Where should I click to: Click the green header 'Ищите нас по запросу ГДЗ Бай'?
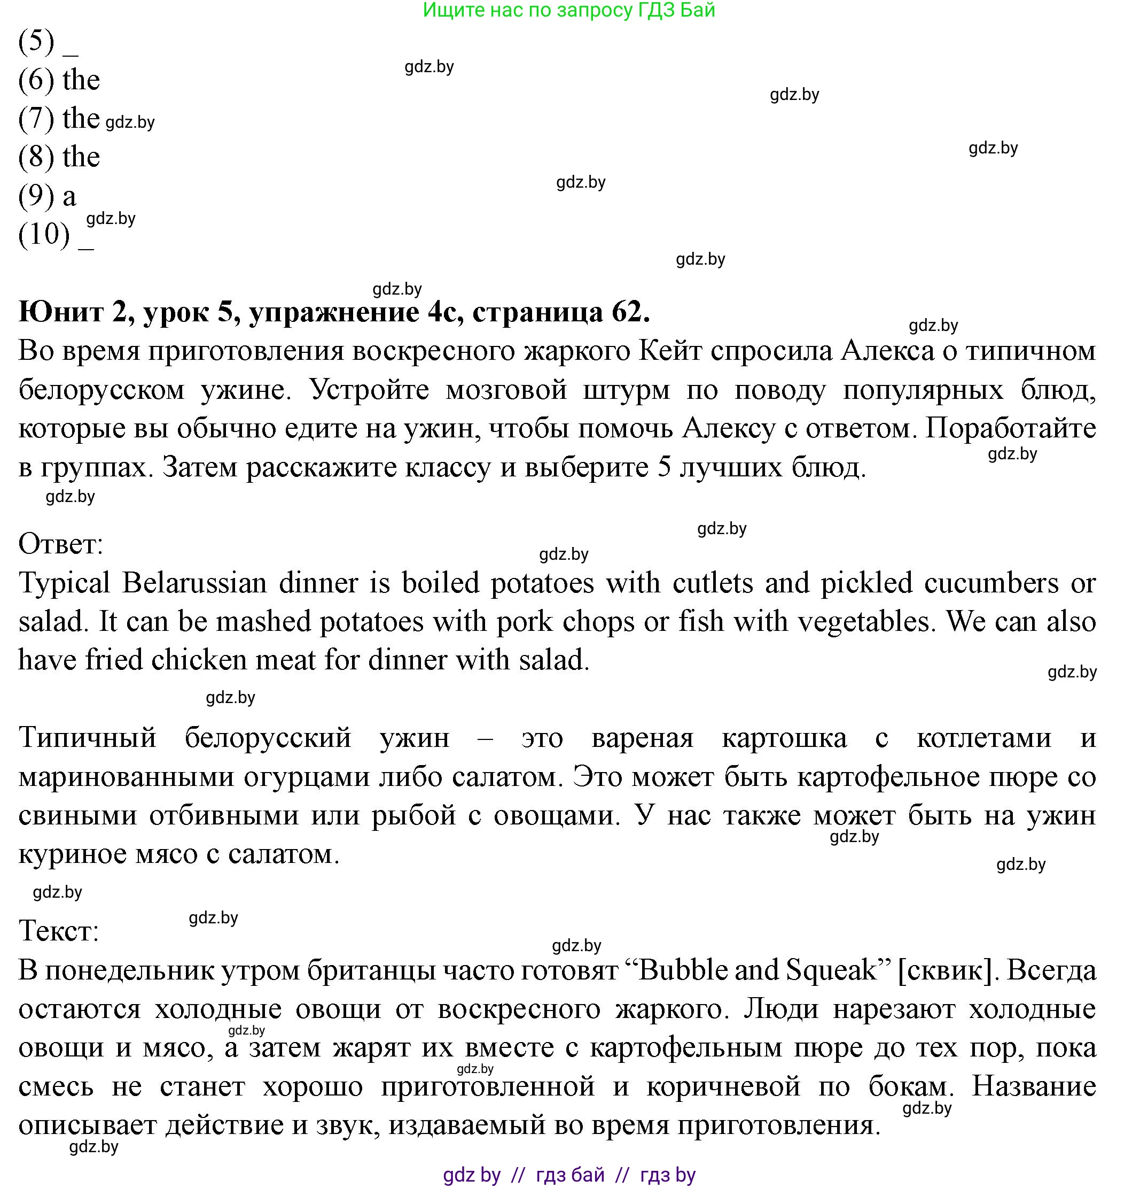pyautogui.click(x=569, y=10)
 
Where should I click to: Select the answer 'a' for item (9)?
pyautogui.click(x=69, y=196)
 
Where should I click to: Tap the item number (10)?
pyautogui.click(x=44, y=234)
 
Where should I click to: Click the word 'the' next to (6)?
pyautogui.click(x=81, y=81)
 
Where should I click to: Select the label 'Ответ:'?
pyautogui.click(x=60, y=544)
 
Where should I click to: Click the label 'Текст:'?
pyautogui.click(x=58, y=930)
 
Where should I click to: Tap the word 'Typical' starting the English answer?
pyautogui.click(x=64, y=583)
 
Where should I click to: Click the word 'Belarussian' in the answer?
pyautogui.click(x=194, y=583)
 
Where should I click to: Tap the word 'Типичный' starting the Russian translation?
pyautogui.click(x=87, y=738)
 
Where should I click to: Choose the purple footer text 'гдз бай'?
pyautogui.click(x=570, y=1175)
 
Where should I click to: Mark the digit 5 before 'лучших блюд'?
pyautogui.click(x=664, y=467)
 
